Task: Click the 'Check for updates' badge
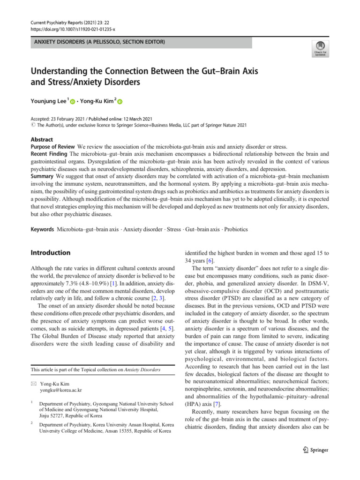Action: pyautogui.click(x=320, y=48)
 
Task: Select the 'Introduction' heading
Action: pyautogui.click(x=51, y=253)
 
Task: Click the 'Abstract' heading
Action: pyautogui.click(x=42, y=140)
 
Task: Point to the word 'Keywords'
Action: pyautogui.click(x=43, y=230)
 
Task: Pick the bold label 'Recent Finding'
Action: pyautogui.click(x=49, y=154)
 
